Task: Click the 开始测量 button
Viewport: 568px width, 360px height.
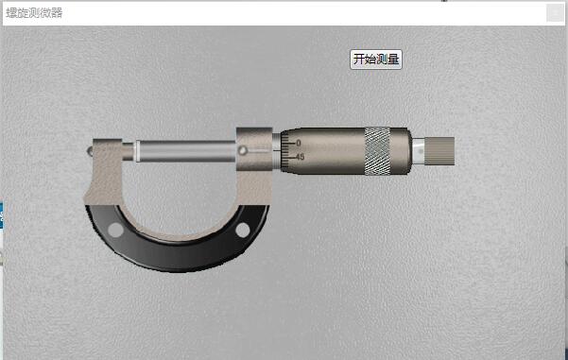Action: pyautogui.click(x=376, y=59)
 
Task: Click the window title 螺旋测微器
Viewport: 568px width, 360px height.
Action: pyautogui.click(x=34, y=13)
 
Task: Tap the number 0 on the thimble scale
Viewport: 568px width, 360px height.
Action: pyautogui.click(x=299, y=143)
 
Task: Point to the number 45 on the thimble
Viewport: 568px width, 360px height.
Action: pyautogui.click(x=300, y=157)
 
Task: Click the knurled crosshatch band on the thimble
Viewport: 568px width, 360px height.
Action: pyautogui.click(x=377, y=151)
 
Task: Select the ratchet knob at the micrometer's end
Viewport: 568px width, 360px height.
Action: pyautogui.click(x=439, y=151)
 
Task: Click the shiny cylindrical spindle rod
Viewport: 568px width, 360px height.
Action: pyautogui.click(x=186, y=151)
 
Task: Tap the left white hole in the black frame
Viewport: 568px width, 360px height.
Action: pyautogui.click(x=116, y=230)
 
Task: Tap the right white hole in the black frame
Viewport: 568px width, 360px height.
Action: pyautogui.click(x=243, y=231)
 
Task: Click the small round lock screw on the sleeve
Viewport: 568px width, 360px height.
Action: pyautogui.click(x=243, y=150)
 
